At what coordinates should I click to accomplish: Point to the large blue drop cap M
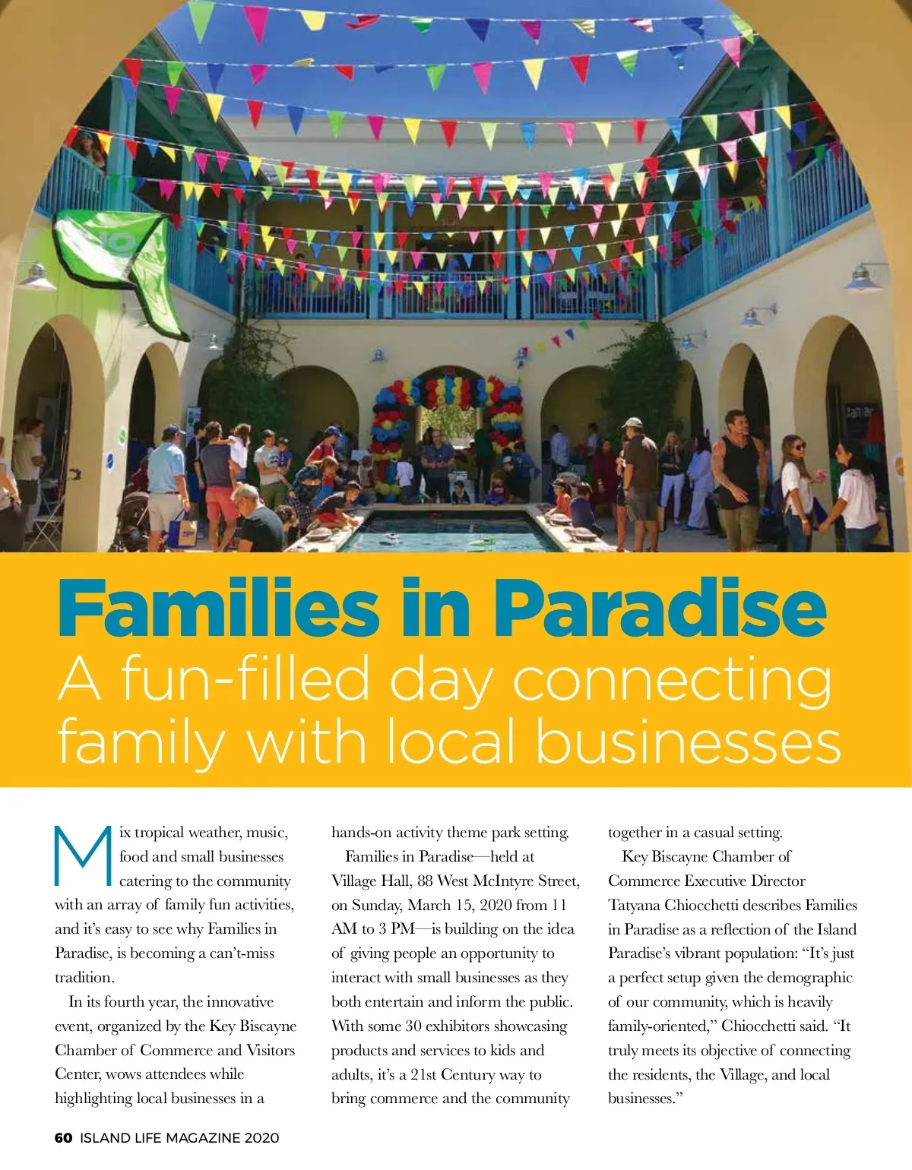coord(82,856)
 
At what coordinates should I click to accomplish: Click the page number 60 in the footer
coord(63,1138)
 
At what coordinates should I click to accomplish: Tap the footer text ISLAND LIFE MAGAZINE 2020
coord(179,1138)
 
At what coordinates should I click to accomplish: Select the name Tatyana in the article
coord(634,905)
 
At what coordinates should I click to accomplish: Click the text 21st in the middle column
coord(423,1074)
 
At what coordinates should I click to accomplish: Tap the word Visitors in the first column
coord(271,1050)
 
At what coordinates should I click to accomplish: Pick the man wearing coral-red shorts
coord(220,486)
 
